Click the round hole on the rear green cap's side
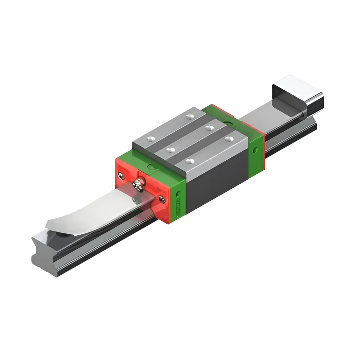click(x=255, y=150)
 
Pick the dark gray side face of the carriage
click(x=217, y=187)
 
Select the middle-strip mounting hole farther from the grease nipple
click(x=209, y=127)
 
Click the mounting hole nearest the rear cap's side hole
click(x=229, y=139)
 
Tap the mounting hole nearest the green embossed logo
click(x=190, y=161)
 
